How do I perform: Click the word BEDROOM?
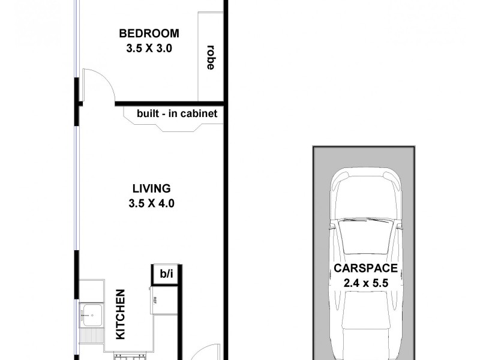pyautogui.click(x=149, y=34)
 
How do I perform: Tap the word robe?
pyautogui.click(x=210, y=57)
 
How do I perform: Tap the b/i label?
pyautogui.click(x=166, y=274)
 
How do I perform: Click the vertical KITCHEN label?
pyautogui.click(x=121, y=314)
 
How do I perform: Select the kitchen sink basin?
pyautogui.click(x=92, y=313)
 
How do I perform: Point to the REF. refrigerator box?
pyautogui.click(x=154, y=299)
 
